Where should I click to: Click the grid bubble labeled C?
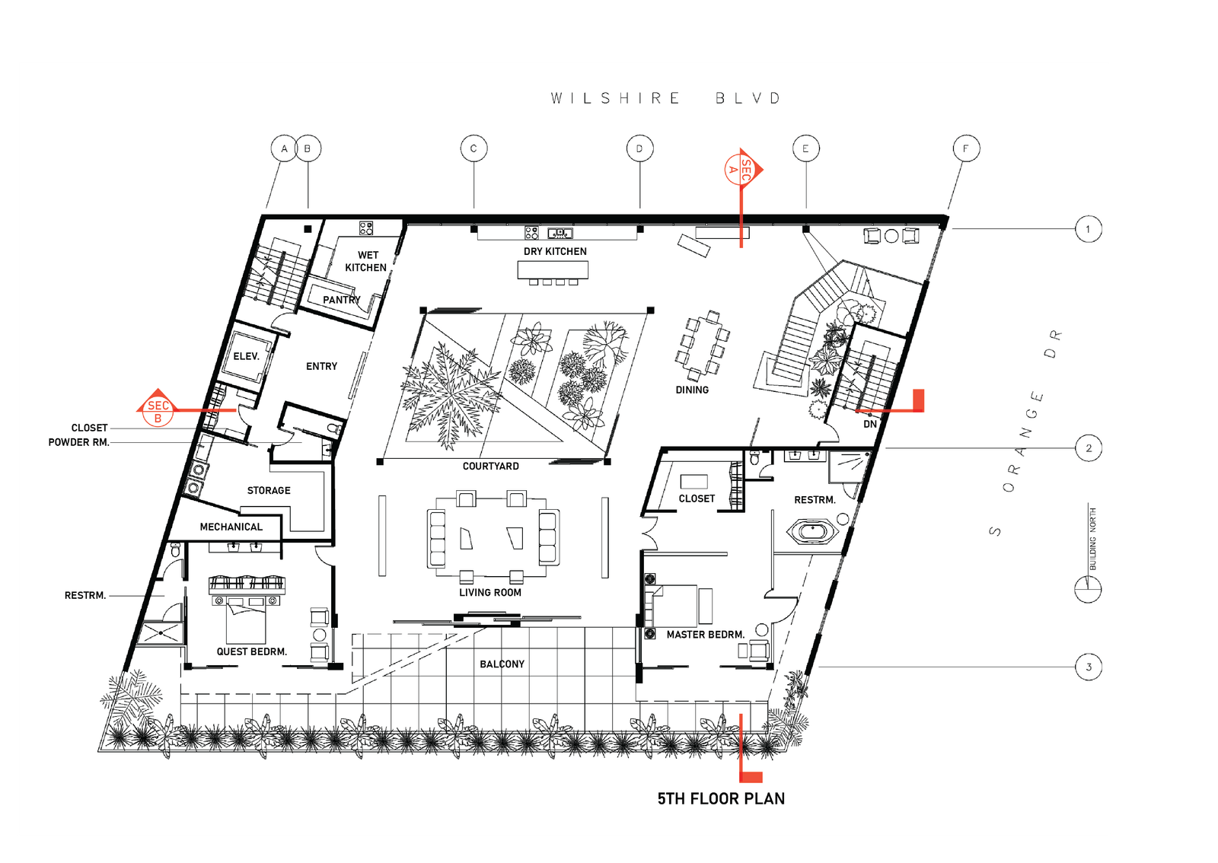(x=473, y=148)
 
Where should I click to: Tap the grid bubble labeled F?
(x=966, y=148)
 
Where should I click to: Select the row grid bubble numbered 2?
(x=1089, y=448)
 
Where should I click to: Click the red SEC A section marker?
(x=743, y=170)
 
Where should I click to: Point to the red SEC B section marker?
(x=157, y=408)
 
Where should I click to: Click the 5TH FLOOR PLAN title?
(x=721, y=798)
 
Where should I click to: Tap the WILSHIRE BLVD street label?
(x=666, y=98)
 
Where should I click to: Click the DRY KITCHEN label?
(x=555, y=252)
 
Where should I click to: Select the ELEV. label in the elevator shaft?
(x=246, y=356)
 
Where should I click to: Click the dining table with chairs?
(x=702, y=346)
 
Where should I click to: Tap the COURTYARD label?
(x=490, y=467)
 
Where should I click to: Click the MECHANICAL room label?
(x=231, y=527)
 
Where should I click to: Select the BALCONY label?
(x=502, y=664)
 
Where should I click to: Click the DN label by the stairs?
(x=870, y=424)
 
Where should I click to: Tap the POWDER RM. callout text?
(x=79, y=442)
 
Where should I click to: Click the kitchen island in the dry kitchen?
(x=553, y=270)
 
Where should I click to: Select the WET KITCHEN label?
(x=366, y=261)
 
